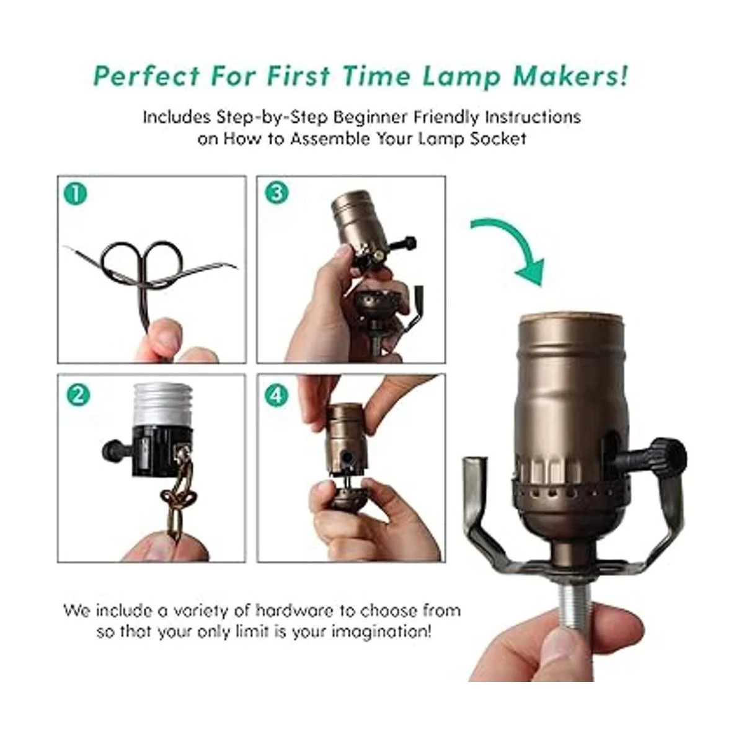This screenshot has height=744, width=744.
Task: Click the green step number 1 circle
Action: coord(76,195)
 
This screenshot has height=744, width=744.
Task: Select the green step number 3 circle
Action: coord(277,193)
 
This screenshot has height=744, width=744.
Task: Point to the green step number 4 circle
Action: coord(277,395)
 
